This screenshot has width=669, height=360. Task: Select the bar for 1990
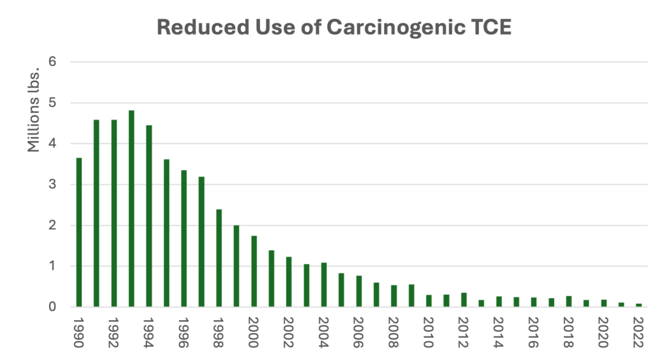pyautogui.click(x=80, y=232)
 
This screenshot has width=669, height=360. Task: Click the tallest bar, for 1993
pyautogui.click(x=132, y=208)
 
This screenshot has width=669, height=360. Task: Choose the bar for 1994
pyautogui.click(x=150, y=216)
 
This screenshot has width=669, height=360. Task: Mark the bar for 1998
pyautogui.click(x=220, y=257)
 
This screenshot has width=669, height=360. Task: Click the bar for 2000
pyautogui.click(x=254, y=270)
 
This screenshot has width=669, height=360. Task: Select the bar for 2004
pyautogui.click(x=324, y=284)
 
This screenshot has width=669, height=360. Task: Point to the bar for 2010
pyautogui.click(x=429, y=301)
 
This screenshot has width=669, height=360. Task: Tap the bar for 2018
pyautogui.click(x=569, y=301)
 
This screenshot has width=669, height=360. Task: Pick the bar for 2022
pyautogui.click(x=639, y=304)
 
